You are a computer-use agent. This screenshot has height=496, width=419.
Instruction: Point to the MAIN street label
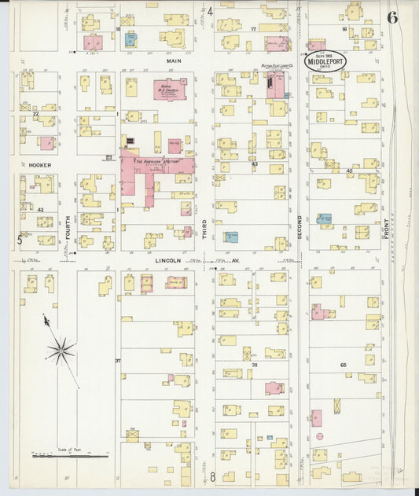pos(174,60)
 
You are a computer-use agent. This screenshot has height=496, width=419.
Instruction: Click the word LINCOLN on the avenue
pos(167,260)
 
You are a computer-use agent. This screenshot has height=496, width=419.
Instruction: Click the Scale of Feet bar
pos(71,455)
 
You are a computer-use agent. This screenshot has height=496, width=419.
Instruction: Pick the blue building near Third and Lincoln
pos(232,237)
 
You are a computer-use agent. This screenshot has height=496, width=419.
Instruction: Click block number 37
pos(118,361)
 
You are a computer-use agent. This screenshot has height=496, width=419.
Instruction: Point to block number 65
pos(343,365)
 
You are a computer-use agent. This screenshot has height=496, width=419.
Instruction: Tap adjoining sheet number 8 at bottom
pos(211,476)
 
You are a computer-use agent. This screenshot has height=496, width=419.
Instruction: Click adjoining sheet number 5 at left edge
pos(20,240)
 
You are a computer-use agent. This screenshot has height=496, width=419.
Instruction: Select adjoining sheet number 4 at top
pos(210,12)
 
